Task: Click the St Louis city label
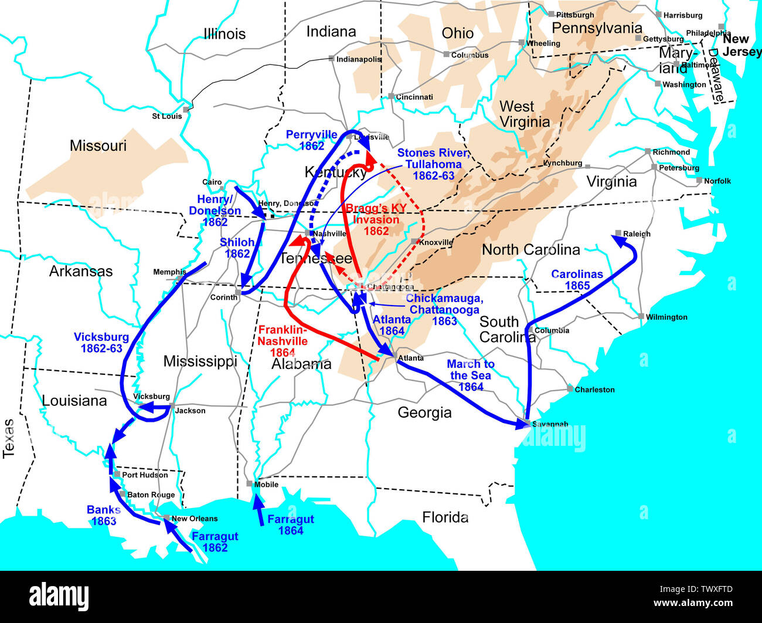(166, 116)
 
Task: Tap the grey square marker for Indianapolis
(331, 59)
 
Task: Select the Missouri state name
(98, 145)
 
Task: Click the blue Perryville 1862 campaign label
(311, 140)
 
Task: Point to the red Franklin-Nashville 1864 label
(283, 341)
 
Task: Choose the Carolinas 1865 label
(577, 280)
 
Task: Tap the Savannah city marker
(528, 423)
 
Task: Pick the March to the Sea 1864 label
(471, 375)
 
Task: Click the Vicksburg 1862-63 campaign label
(101, 343)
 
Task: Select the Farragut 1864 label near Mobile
(290, 525)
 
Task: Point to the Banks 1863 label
(104, 516)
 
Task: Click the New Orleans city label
(194, 519)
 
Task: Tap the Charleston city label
(594, 390)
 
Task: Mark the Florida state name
(445, 517)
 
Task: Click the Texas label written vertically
(9, 438)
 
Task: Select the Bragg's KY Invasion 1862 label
(376, 220)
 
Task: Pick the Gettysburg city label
(663, 39)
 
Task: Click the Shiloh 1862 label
(237, 248)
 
